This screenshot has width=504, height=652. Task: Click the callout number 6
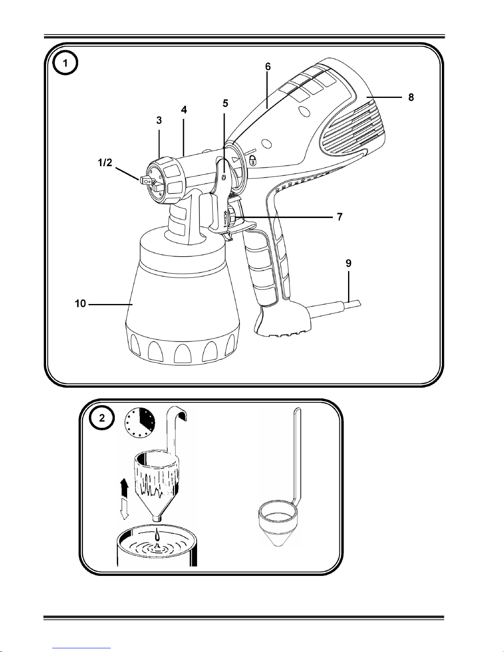[267, 67]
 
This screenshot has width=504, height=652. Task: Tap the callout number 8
[411, 97]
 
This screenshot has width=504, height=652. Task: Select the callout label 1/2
[105, 162]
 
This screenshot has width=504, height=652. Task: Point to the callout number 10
[80, 304]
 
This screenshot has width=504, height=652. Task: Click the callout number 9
[348, 263]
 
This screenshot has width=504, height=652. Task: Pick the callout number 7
[339, 217]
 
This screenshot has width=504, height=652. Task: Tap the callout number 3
[159, 120]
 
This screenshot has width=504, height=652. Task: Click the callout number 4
[184, 109]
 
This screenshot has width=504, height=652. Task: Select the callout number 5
[225, 103]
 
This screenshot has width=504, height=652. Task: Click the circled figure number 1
[65, 63]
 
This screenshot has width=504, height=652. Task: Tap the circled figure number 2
[102, 418]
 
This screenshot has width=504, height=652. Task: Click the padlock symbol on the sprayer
[253, 160]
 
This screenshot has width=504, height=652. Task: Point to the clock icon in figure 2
[140, 423]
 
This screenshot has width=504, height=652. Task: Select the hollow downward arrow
[124, 510]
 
